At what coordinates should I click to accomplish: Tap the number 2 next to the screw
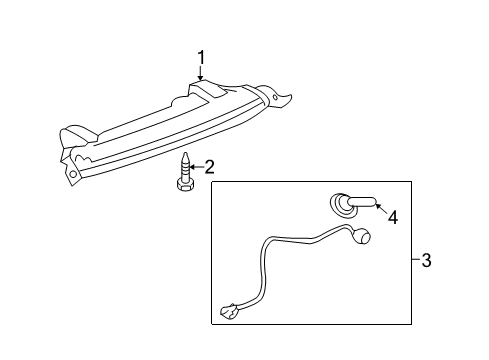tap(209, 167)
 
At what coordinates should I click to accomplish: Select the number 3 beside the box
tap(426, 261)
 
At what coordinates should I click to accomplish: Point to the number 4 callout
tap(393, 215)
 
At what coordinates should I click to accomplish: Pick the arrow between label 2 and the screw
tap(196, 167)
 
